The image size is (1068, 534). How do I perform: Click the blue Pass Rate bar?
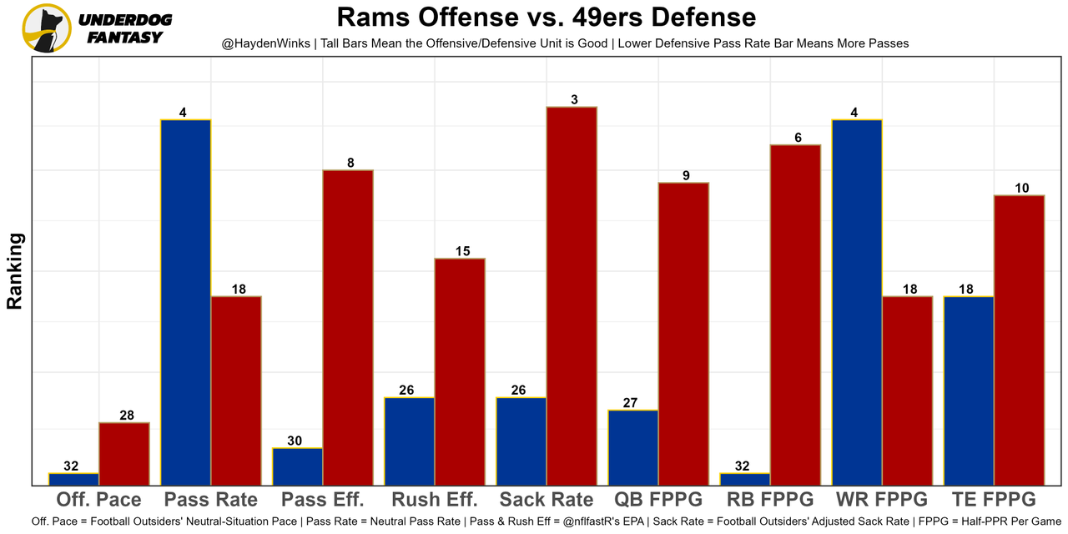[x=186, y=302]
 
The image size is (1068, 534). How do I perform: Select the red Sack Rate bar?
[x=572, y=295]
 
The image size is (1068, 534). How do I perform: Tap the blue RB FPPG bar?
[x=745, y=479]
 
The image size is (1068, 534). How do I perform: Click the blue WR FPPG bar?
[x=857, y=302]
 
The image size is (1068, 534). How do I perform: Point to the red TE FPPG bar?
[x=1019, y=340]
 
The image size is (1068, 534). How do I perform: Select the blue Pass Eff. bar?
[x=298, y=466]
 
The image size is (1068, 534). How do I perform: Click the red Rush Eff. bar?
[x=460, y=371]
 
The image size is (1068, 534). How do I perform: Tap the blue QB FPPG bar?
[x=633, y=447]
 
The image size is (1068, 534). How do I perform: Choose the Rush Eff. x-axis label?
[x=434, y=500]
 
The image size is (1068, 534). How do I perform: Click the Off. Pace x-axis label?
[x=98, y=500]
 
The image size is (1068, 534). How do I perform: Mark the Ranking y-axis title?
[x=15, y=271]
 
